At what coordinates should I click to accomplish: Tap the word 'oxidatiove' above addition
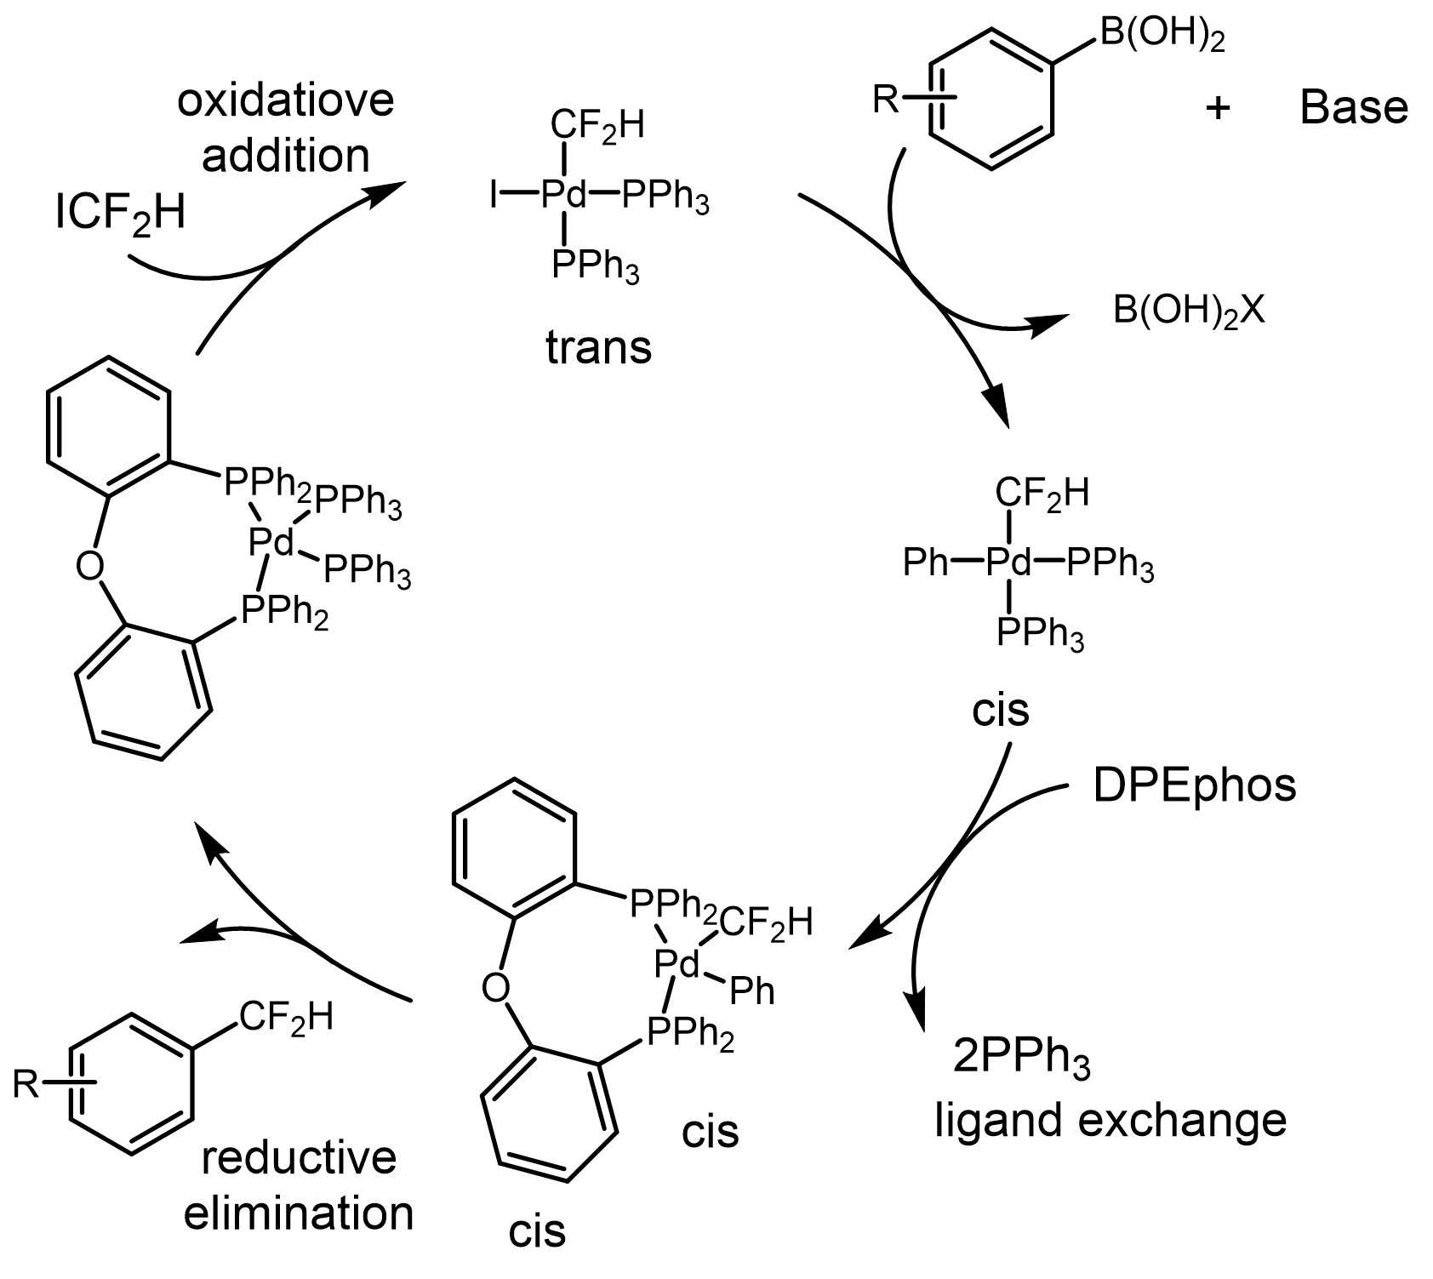coord(286,100)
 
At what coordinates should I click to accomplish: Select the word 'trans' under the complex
coord(599,347)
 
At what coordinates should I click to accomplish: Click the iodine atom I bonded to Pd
coord(494,197)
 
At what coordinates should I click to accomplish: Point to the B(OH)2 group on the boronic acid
coord(1162,36)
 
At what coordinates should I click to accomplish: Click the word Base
coord(1354,108)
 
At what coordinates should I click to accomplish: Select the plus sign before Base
coord(1218,108)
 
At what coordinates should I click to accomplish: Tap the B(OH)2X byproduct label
coord(1189,311)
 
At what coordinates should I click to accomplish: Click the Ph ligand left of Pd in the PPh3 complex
coord(926,562)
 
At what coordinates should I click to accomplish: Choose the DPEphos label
coord(1195,785)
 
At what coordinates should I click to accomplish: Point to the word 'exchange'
coord(1182,1120)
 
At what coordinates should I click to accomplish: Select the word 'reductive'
coord(299,1158)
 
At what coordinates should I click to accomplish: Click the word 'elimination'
coord(299,1213)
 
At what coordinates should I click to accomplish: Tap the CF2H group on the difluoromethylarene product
coord(285,1017)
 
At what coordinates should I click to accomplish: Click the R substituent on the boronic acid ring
coord(886,100)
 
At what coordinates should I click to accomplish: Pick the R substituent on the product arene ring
coord(27,1084)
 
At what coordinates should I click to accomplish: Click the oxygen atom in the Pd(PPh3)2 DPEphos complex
coord(90,564)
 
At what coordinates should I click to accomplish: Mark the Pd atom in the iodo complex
coord(564,197)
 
